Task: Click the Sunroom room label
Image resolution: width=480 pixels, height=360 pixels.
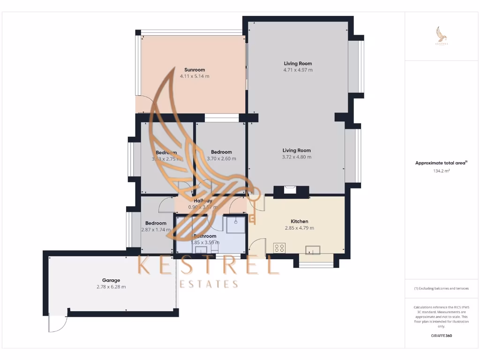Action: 195,70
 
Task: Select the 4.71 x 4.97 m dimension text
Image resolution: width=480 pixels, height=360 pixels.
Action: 298,70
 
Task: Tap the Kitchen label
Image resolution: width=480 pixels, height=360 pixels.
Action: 299,221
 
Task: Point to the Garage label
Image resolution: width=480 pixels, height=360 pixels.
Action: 111,280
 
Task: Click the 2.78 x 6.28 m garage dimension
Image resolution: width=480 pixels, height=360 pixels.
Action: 111,287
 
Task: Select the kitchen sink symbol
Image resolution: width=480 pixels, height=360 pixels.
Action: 313,249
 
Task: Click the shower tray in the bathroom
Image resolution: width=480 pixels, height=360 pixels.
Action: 236,224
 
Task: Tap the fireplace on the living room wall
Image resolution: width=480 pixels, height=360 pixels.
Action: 291,190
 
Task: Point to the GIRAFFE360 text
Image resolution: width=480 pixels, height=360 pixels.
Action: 441,336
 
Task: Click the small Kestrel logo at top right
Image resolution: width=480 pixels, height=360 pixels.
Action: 442,36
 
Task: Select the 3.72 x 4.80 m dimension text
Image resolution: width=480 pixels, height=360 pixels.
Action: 297,157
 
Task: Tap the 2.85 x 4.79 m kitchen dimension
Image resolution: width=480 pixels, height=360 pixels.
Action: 299,228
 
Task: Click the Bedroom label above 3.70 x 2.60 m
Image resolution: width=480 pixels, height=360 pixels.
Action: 221,152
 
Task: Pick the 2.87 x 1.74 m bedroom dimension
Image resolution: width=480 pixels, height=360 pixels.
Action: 156,230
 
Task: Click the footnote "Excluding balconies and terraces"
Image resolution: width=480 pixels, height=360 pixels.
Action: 441,288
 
